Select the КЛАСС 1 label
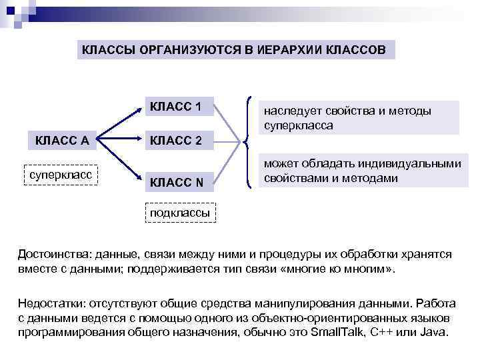click(176, 107)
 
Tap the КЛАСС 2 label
click(176, 140)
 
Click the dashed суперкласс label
click(61, 174)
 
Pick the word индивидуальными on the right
click(417, 164)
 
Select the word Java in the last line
click(434, 332)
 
